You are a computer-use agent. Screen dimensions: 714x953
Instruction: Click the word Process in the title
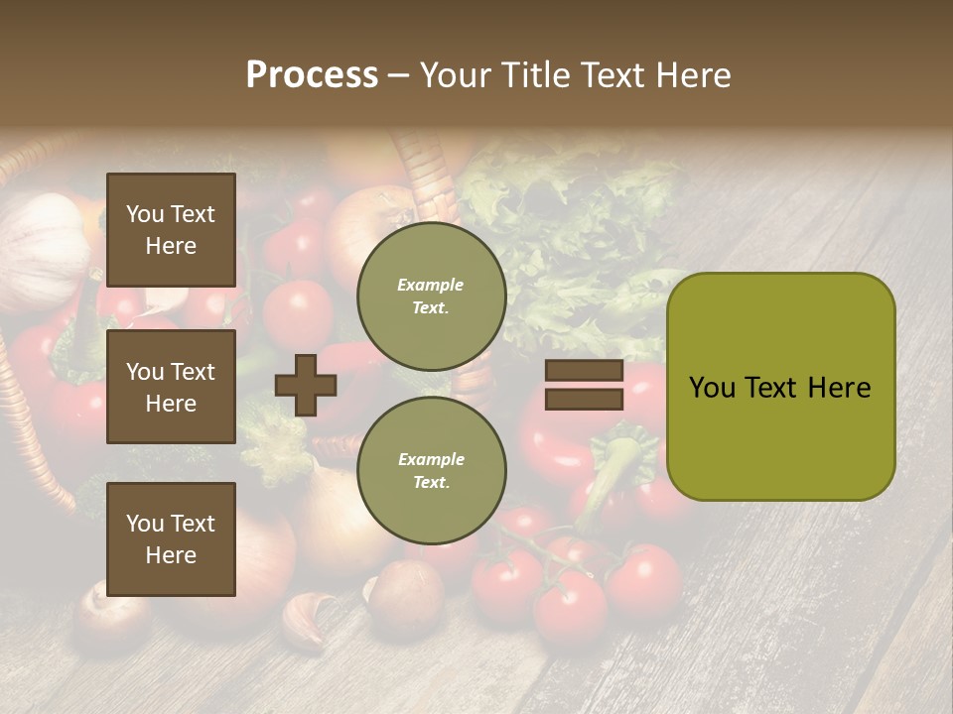312,75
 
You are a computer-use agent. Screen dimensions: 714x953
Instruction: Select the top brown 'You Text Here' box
171,230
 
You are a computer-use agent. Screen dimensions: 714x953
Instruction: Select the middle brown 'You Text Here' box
171,387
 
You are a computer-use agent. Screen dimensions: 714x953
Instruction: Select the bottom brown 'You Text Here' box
171,539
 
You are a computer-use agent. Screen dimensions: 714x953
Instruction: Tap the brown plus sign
306,385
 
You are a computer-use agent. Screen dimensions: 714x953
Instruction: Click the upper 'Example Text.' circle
431,296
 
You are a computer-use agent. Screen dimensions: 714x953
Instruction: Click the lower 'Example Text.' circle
431,470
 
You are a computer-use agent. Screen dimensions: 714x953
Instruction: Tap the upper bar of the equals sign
584,371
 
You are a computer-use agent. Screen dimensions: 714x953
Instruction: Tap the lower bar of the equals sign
584,399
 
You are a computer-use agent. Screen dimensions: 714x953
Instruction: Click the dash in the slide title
398,76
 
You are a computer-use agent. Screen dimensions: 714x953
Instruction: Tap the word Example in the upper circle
431,285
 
